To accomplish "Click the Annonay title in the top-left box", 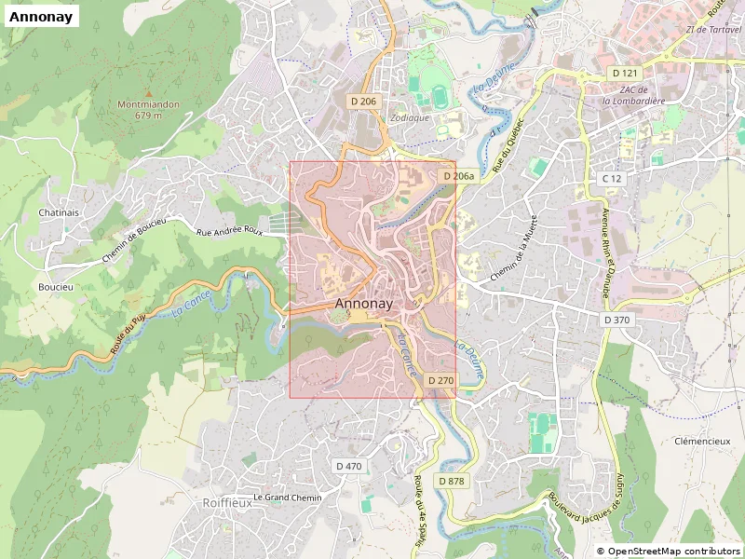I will click(x=41, y=16).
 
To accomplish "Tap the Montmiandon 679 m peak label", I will click(x=148, y=110).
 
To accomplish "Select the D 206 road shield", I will click(x=365, y=101).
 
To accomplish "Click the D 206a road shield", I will click(x=458, y=176).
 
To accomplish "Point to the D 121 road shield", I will click(x=626, y=73).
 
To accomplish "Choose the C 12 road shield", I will click(x=611, y=178).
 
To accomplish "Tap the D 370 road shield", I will click(x=616, y=320).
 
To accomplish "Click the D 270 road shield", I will click(x=440, y=381).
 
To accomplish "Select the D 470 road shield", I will click(x=348, y=466).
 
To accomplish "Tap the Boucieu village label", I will click(x=55, y=287).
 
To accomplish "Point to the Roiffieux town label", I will click(x=227, y=502).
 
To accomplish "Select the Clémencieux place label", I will click(x=702, y=441).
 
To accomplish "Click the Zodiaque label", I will click(x=410, y=118).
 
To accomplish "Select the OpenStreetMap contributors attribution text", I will click(x=668, y=552).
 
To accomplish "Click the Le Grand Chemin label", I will click(x=287, y=498).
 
